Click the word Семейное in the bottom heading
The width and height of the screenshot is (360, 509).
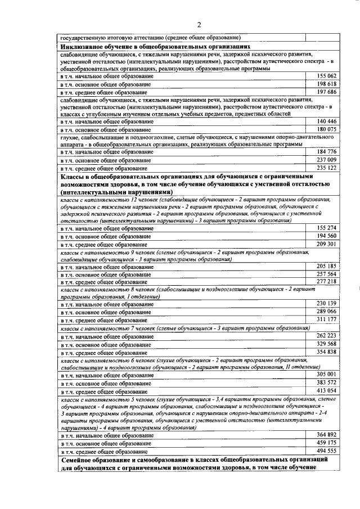pyautogui.click(x=79, y=461)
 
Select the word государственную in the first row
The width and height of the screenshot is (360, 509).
pyautogui.click(x=82, y=38)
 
